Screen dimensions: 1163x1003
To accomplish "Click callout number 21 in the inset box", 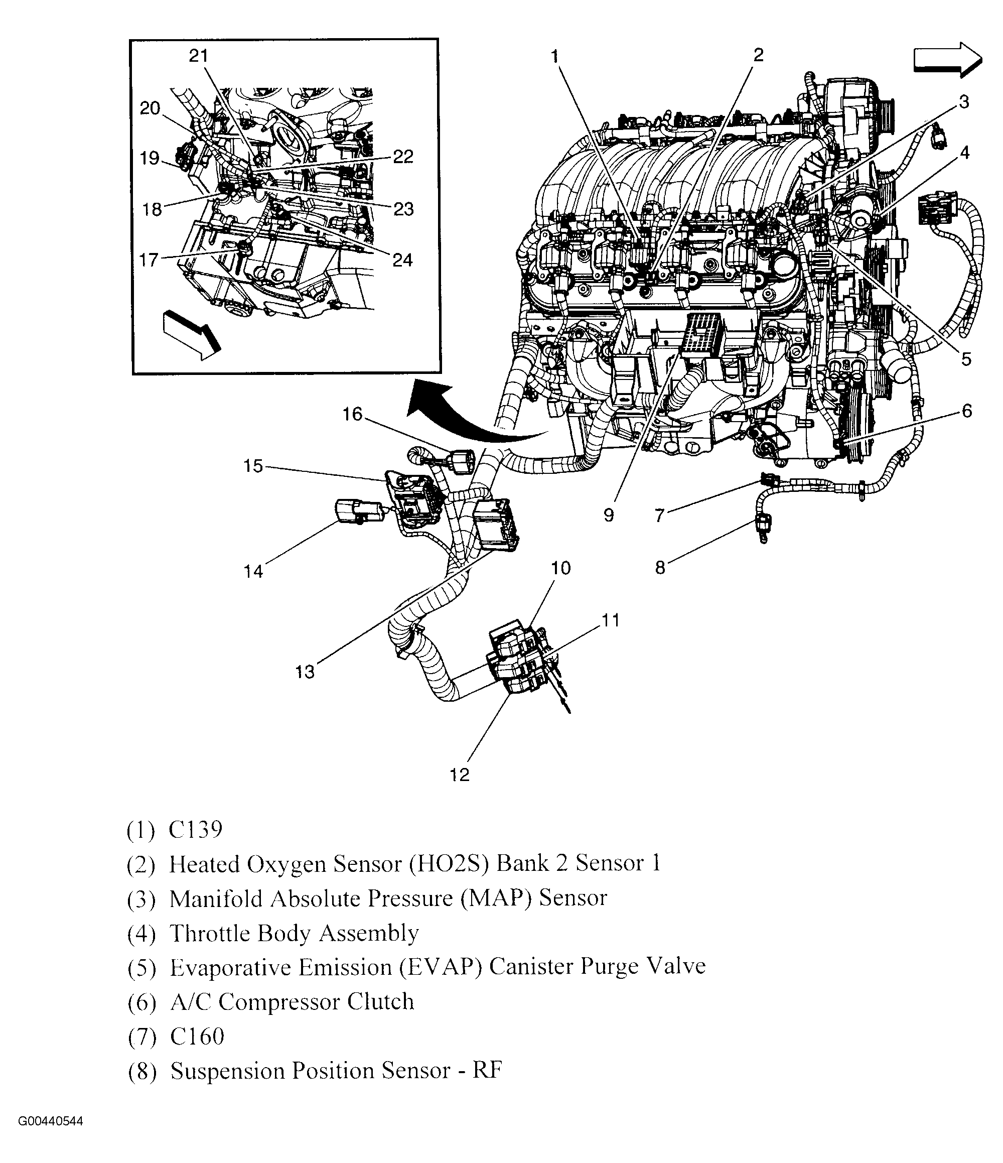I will (x=199, y=56).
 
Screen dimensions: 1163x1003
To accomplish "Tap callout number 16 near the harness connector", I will (x=352, y=414).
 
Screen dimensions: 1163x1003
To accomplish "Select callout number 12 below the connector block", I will (x=460, y=775).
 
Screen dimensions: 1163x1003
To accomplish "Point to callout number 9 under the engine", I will (x=609, y=514).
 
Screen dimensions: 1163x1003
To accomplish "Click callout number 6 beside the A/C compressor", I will (x=966, y=411).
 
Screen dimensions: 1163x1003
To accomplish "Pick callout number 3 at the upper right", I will (x=964, y=102).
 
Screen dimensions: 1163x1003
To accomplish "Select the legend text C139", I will (x=196, y=830).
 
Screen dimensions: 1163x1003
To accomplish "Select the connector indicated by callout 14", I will (x=357, y=509).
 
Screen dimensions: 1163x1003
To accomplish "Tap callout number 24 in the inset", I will (x=402, y=260).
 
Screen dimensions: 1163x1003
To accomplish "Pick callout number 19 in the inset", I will (x=149, y=158).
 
